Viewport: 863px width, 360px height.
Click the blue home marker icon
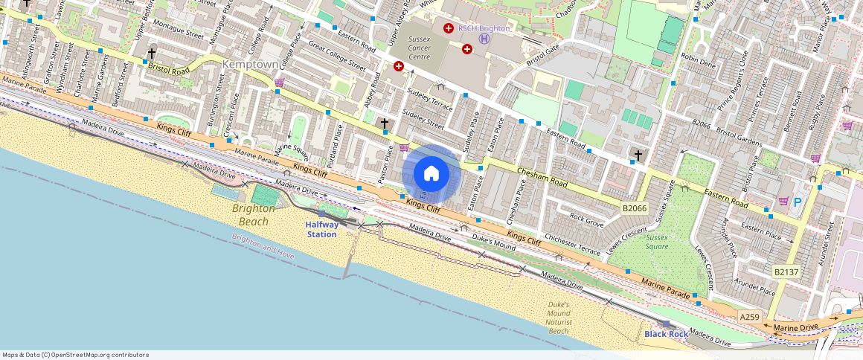[x=431, y=174]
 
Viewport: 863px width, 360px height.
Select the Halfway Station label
[x=322, y=229]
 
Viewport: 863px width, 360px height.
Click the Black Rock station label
[x=667, y=334]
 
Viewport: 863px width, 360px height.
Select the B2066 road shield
[x=635, y=208]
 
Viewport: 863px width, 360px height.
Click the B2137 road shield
[x=786, y=272]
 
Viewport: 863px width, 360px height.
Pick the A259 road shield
[x=749, y=317]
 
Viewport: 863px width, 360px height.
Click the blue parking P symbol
[x=798, y=202]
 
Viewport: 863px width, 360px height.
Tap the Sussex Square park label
[x=657, y=242]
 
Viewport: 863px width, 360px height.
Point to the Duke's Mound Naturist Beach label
[x=558, y=318]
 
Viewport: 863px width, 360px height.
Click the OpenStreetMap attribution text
[x=75, y=355]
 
